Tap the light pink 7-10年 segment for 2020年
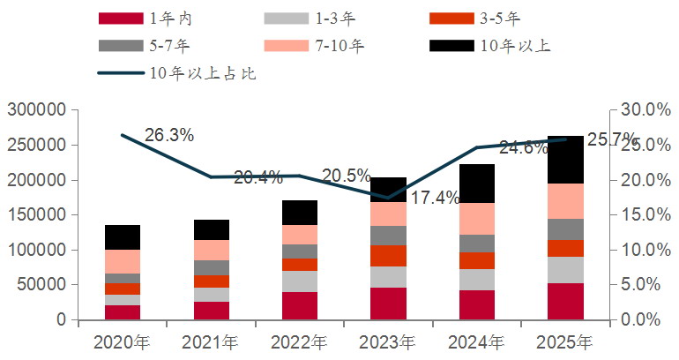(123, 261)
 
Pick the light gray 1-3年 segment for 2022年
(300, 281)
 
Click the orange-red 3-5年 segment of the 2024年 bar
(477, 260)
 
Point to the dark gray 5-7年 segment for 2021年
(211, 267)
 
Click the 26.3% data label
(168, 135)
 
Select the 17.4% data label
(435, 198)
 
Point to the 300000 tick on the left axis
(37, 110)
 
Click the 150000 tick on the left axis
(37, 215)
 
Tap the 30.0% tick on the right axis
(643, 110)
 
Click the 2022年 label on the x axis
(300, 341)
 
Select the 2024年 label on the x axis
(477, 341)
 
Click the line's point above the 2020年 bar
(123, 135)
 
